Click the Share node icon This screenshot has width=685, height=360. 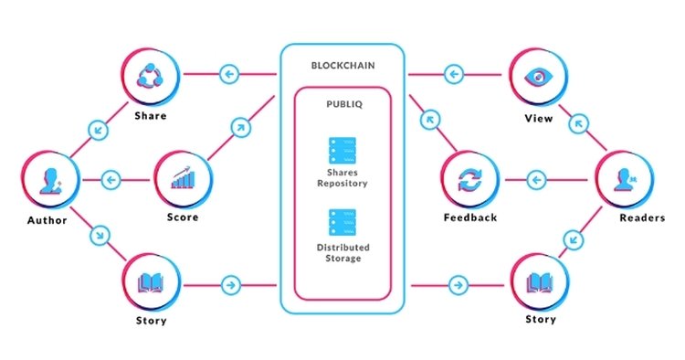[x=150, y=75]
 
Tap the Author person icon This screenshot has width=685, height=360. [x=50, y=181]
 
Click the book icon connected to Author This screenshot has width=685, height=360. [x=150, y=283]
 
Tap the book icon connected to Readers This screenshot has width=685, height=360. [x=539, y=283]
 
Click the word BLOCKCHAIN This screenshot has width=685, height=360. [x=342, y=67]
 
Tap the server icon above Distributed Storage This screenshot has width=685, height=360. [x=342, y=222]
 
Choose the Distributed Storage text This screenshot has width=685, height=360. [x=342, y=252]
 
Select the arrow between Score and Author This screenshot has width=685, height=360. [x=111, y=179]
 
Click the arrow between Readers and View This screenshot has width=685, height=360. [x=578, y=121]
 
